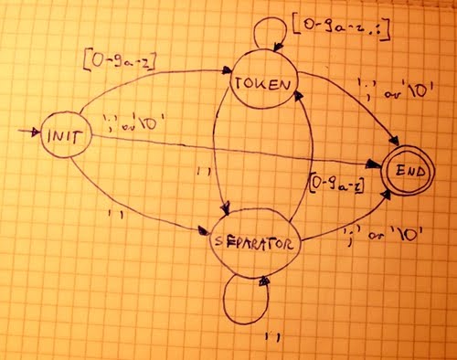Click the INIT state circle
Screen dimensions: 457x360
(x=61, y=137)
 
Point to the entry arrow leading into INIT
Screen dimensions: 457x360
(x=29, y=133)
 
